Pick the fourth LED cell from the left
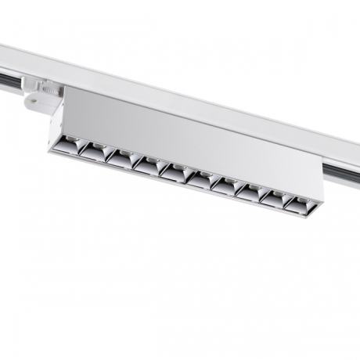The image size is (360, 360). click(146, 163)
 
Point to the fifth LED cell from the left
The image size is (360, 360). click(174, 170)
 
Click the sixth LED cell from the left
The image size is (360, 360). click(200, 176)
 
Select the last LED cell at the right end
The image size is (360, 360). click(301, 202)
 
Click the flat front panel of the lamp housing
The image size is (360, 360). click(188, 137)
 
